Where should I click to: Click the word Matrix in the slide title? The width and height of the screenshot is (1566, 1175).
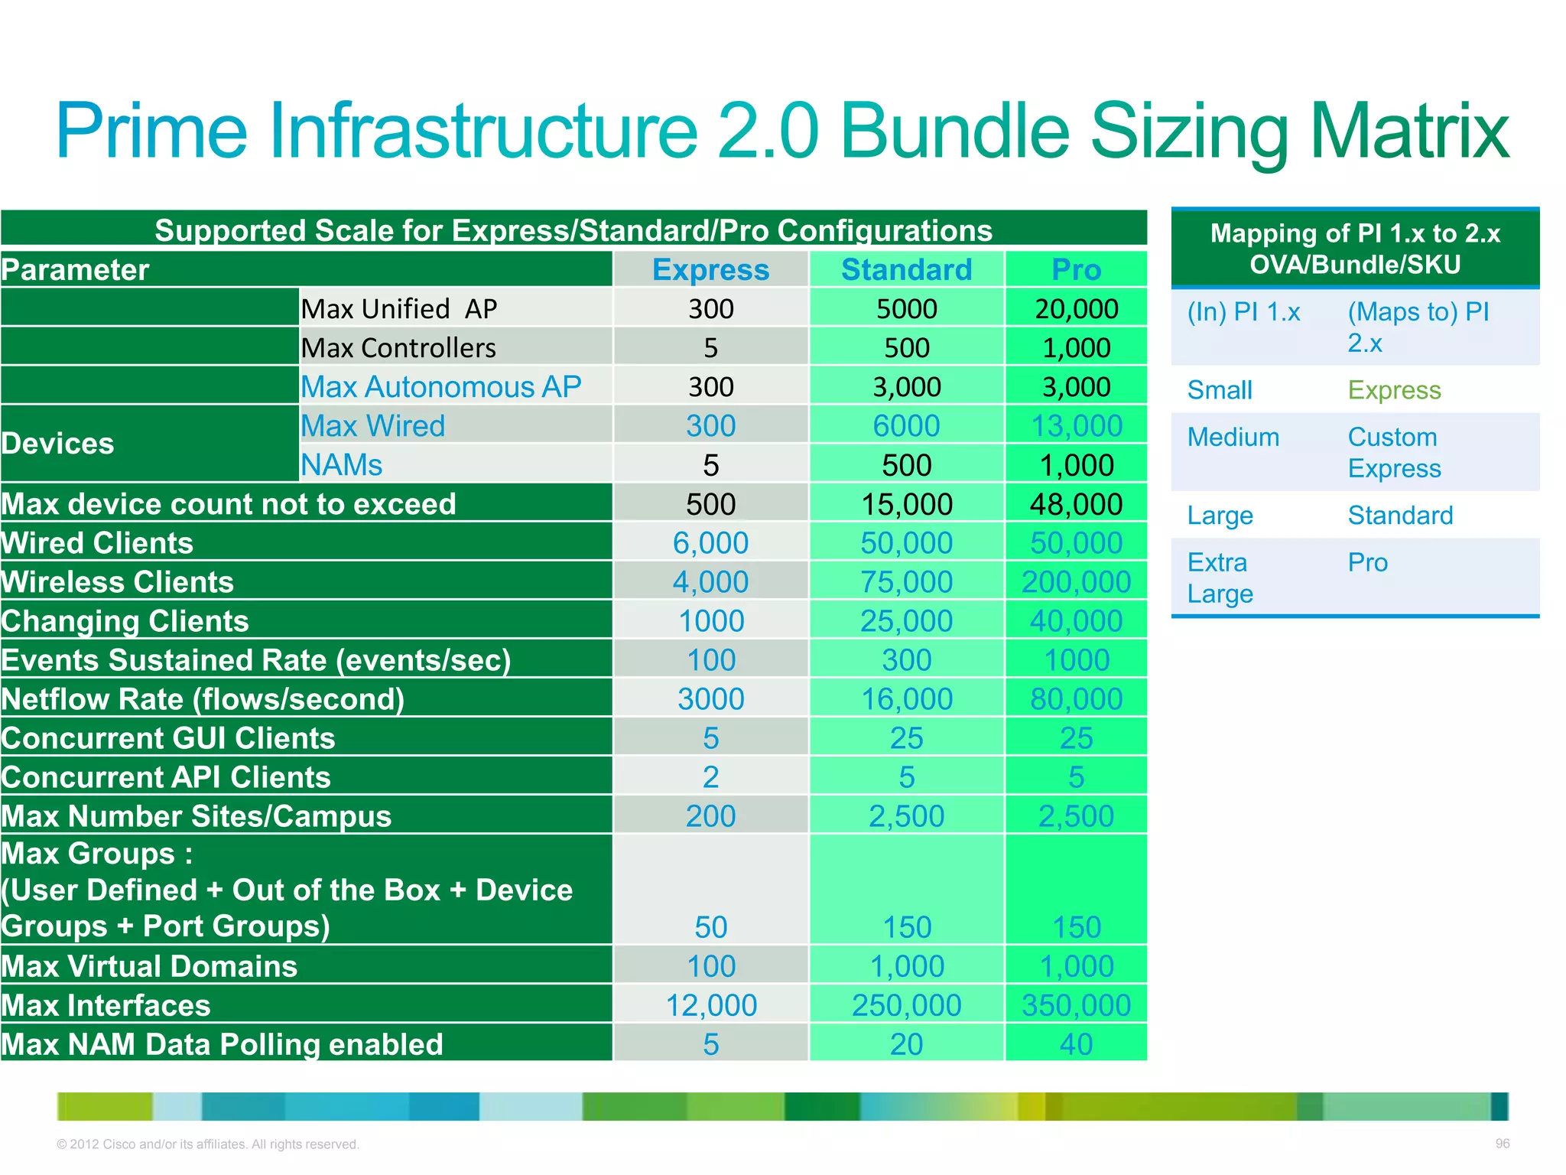tap(1408, 132)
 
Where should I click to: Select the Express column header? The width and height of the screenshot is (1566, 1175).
tap(710, 270)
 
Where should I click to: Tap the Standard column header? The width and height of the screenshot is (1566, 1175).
tap(906, 270)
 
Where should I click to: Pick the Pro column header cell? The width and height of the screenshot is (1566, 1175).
tap(1076, 270)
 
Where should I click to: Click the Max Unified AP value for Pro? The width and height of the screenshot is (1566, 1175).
tap(1076, 309)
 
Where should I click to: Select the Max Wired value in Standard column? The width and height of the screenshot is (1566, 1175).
tap(906, 426)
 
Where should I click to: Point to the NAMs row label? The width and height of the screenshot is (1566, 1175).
tap(341, 465)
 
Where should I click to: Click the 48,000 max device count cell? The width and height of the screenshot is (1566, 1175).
tap(1076, 504)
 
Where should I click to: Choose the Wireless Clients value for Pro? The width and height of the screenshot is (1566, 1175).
tap(1076, 582)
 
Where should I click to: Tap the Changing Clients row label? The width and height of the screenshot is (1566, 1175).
tap(125, 621)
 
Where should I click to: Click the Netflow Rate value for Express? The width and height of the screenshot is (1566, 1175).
tap(710, 699)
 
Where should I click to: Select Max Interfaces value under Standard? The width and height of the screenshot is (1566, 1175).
tap(906, 1005)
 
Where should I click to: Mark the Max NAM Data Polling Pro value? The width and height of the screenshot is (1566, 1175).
tap(1076, 1044)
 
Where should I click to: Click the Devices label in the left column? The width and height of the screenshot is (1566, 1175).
tap(58, 444)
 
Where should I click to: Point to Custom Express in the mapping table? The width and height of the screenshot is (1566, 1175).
tap(1394, 452)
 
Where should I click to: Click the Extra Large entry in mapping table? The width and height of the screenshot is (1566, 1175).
tap(1220, 578)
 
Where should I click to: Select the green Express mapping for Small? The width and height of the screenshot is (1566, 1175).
tap(1394, 390)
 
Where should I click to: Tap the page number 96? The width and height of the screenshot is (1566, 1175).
tap(1502, 1144)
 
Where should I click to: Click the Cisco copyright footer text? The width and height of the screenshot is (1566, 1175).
tap(207, 1144)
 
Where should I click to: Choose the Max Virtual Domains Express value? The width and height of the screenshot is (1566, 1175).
tap(710, 966)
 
